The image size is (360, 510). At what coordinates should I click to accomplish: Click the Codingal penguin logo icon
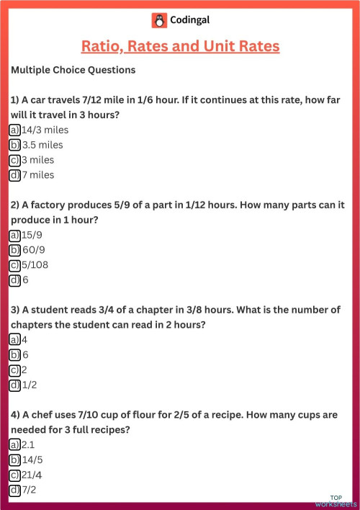point(159,20)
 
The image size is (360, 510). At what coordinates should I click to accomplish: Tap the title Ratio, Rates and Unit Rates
point(180,47)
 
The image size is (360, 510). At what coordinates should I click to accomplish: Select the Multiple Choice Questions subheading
point(73,71)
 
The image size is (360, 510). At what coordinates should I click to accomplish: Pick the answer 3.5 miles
point(42,145)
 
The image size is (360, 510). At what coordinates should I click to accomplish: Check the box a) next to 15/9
point(14,236)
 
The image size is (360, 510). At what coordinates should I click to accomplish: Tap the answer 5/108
point(36,265)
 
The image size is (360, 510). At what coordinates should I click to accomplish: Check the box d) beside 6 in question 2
point(14,280)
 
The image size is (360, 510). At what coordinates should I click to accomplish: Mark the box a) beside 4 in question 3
point(14,340)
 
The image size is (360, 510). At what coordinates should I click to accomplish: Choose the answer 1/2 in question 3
point(29,385)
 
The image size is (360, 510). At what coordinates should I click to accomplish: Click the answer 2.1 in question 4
point(29,445)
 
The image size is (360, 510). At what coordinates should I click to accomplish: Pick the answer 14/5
point(32,460)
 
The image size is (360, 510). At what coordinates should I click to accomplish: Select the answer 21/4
point(32,475)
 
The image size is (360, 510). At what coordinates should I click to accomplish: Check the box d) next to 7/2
point(14,491)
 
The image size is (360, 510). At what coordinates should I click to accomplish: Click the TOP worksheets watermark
point(341,501)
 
